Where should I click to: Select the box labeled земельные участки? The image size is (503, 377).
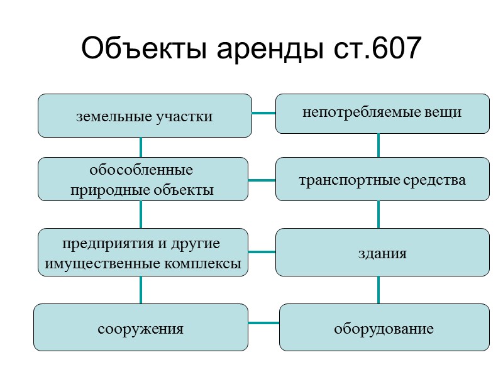pyautogui.click(x=145, y=116)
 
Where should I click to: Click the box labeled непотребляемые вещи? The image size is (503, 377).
pyautogui.click(x=382, y=113)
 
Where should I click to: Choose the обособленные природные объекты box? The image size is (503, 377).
pyautogui.click(x=143, y=179)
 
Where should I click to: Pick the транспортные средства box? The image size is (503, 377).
pyautogui.click(x=382, y=180)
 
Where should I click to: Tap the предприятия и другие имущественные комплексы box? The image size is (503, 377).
pyautogui.click(x=143, y=253)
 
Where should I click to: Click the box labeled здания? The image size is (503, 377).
pyautogui.click(x=382, y=253)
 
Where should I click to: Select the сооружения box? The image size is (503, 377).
pyautogui.click(x=140, y=327)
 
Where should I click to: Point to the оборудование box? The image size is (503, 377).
pyautogui.click(x=384, y=327)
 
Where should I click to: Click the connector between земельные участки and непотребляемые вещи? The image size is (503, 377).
pyautogui.click(x=264, y=113)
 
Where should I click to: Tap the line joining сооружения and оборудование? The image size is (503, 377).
pyautogui.click(x=264, y=324)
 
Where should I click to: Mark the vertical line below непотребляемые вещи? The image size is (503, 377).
pyautogui.click(x=379, y=145)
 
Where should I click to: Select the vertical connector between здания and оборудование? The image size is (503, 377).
pyautogui.click(x=379, y=290)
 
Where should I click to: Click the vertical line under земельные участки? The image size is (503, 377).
pyautogui.click(x=140, y=147)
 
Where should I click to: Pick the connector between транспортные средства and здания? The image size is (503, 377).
pyautogui.click(x=379, y=214)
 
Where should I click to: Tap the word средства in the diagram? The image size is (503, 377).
pyautogui.click(x=436, y=180)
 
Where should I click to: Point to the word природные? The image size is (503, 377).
pyautogui.click(x=101, y=190)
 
